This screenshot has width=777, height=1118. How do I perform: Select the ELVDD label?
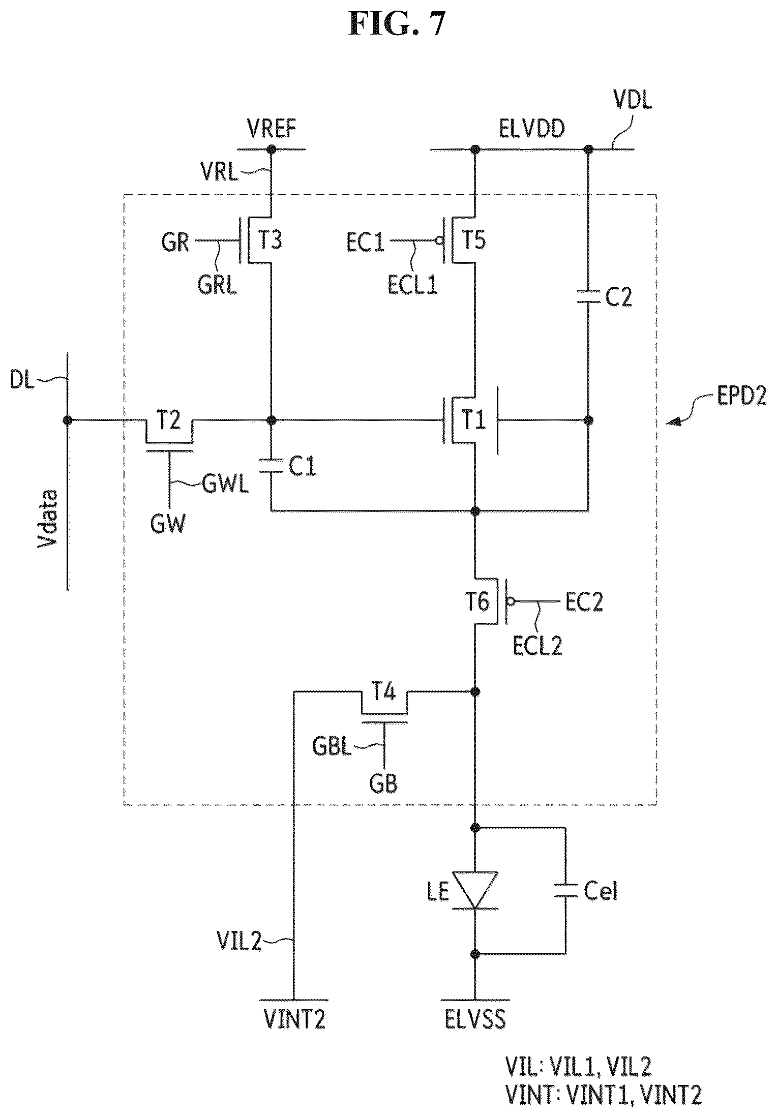(531, 130)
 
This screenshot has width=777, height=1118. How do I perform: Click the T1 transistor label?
(473, 421)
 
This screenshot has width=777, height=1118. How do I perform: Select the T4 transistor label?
(384, 692)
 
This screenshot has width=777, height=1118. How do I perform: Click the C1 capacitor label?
(302, 467)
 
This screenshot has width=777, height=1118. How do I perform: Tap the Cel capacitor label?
(600, 891)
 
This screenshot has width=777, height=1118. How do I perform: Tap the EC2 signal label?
(584, 603)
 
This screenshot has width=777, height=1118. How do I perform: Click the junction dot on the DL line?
(67, 420)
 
